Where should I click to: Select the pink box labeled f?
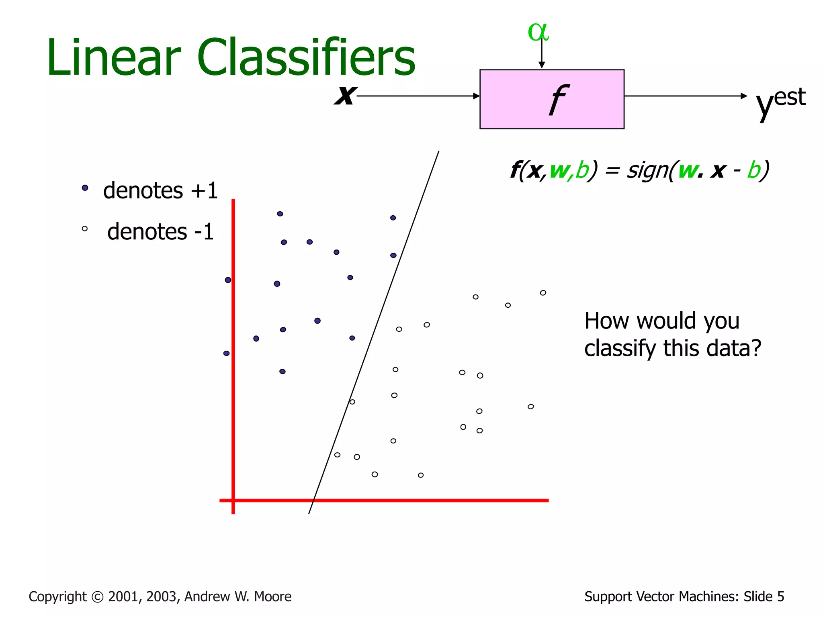click(x=552, y=99)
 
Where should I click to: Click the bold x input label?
click(x=345, y=95)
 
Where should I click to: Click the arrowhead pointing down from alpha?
click(x=542, y=65)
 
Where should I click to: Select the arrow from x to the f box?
click(x=418, y=96)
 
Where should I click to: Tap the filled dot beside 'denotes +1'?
click(x=85, y=188)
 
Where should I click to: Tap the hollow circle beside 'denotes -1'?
click(x=85, y=229)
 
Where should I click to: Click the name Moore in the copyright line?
click(x=273, y=597)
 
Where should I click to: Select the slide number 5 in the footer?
click(x=780, y=597)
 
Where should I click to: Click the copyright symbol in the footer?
click(x=97, y=597)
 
